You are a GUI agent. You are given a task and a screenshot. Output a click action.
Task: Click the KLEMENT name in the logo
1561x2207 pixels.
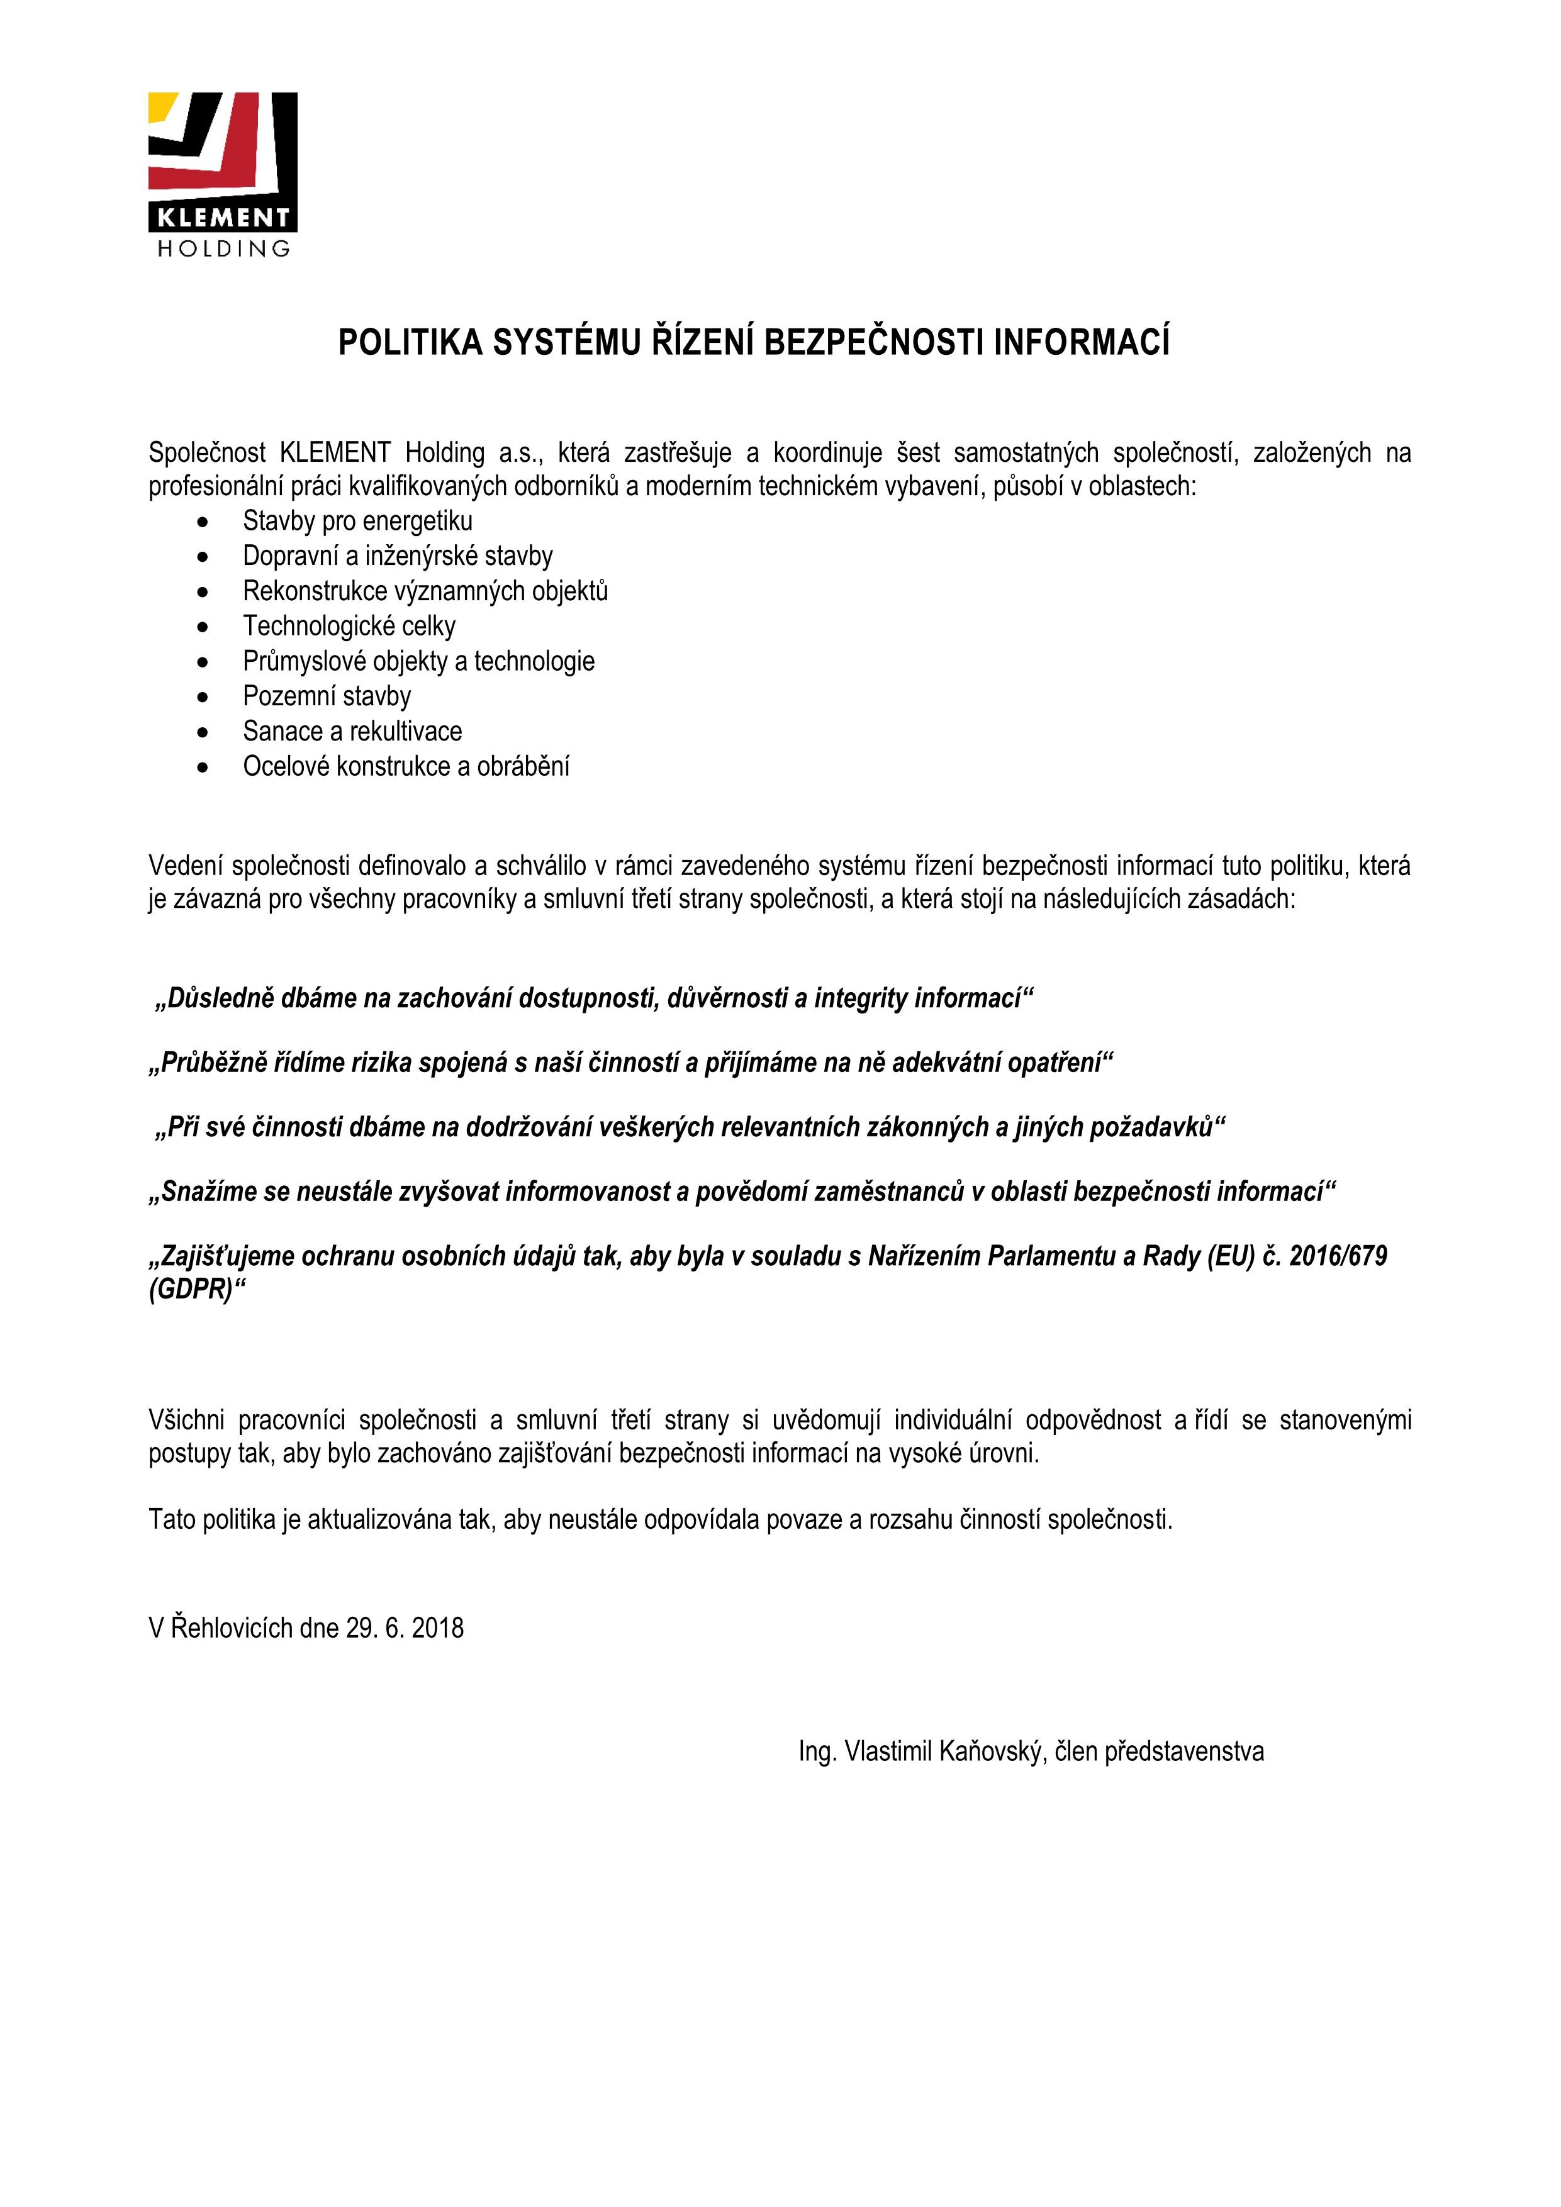point(223,217)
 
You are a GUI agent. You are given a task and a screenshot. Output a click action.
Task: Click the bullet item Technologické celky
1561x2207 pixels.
point(349,626)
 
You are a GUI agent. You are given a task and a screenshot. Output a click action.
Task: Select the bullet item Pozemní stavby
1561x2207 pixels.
point(327,696)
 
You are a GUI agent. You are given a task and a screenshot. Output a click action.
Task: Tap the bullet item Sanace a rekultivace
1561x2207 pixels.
point(352,732)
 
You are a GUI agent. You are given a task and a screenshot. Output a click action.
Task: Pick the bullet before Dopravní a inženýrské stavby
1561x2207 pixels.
point(202,557)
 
